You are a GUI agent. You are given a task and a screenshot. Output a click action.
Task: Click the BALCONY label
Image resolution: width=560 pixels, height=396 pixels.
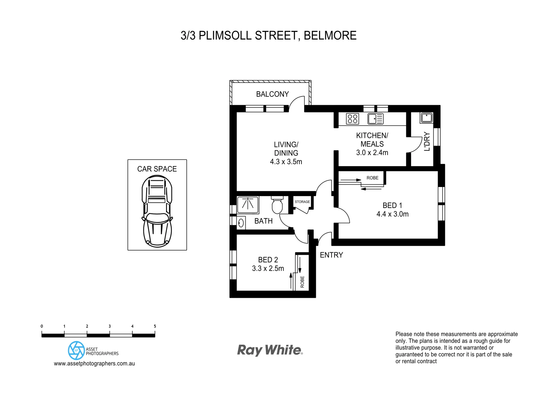(272, 94)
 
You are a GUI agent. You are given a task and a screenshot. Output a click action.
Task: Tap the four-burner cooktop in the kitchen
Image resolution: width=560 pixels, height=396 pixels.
(352, 119)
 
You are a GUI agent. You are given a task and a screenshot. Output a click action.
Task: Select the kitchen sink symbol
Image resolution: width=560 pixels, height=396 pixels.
(375, 119)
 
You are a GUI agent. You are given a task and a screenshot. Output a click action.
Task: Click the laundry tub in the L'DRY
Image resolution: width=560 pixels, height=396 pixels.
(426, 118)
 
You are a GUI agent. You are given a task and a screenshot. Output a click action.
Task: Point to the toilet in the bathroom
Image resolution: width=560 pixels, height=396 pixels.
(277, 206)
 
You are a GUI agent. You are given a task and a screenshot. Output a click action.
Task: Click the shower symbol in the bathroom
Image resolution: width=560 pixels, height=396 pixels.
(248, 205)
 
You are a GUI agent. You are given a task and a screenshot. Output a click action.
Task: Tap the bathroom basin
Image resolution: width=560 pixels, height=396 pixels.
(241, 223)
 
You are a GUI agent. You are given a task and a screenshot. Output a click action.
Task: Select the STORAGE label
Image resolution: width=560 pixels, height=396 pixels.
(302, 202)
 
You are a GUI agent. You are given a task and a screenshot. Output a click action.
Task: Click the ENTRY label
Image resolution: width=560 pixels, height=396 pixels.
(331, 255)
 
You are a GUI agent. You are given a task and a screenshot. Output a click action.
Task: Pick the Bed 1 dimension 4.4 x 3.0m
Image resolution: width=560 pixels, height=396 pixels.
(392, 214)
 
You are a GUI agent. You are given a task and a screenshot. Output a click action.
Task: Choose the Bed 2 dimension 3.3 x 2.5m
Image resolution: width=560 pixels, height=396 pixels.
(268, 268)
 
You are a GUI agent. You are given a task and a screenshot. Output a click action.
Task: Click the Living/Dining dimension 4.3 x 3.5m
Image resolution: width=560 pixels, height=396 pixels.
(286, 162)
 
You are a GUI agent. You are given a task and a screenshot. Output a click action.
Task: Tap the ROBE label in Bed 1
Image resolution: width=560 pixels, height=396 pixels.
(372, 178)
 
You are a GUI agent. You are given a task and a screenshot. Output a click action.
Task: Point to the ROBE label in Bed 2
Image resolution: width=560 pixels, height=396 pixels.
(303, 282)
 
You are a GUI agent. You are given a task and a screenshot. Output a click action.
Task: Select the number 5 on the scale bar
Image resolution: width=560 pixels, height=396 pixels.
(155, 326)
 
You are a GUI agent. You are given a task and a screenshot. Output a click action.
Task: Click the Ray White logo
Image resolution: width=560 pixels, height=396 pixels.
(270, 350)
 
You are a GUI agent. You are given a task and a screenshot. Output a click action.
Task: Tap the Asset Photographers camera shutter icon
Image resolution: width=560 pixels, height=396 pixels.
(76, 350)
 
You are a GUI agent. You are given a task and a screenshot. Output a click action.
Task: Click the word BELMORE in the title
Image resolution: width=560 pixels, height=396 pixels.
(330, 36)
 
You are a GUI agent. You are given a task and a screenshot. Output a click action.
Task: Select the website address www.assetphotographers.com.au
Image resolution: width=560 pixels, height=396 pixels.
(94, 364)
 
